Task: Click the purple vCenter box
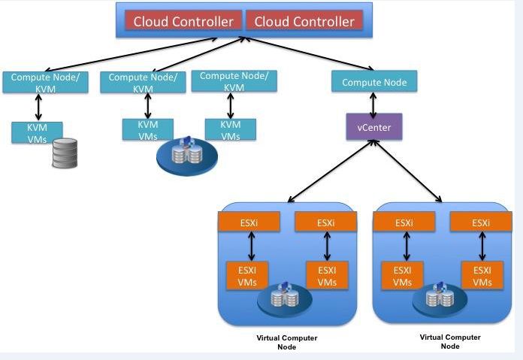point(373,126)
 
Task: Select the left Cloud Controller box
point(183,21)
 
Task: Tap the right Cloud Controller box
point(304,21)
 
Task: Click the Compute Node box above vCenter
point(373,82)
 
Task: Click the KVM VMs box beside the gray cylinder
point(37,132)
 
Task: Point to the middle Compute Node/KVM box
point(143,83)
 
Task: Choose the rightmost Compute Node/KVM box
point(234,81)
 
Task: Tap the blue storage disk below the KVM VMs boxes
point(186,155)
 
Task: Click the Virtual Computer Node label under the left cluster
point(286,342)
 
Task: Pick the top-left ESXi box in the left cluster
point(249,222)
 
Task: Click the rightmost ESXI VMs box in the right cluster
point(482,276)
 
